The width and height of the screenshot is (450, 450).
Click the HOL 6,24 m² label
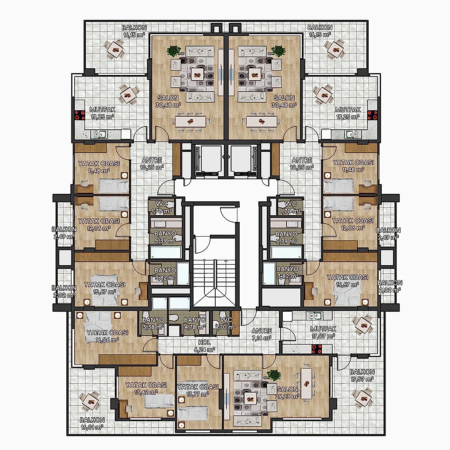(205, 346)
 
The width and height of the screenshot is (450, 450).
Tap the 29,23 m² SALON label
(288, 393)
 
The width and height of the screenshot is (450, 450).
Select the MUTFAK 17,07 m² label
(323, 333)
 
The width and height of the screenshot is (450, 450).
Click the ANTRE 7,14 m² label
(262, 334)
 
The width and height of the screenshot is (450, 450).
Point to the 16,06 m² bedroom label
(107, 336)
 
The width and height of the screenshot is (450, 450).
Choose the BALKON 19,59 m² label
(362, 375)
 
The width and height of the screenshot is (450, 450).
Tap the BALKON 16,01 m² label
(92, 423)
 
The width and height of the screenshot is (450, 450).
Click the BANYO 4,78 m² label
(195, 323)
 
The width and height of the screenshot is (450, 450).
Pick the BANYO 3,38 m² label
(153, 323)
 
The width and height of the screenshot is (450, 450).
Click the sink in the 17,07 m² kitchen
(315, 316)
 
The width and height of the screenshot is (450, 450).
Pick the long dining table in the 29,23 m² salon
(307, 383)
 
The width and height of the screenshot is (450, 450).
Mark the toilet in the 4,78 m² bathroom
(173, 318)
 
